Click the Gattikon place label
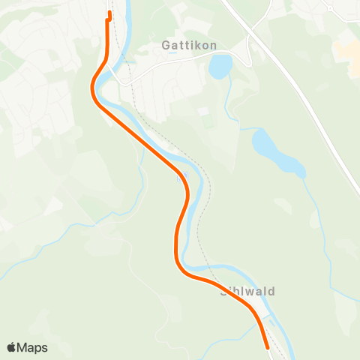point(189,45)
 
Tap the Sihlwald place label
point(247,291)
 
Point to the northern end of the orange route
point(109,13)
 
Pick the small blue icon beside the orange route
point(178,178)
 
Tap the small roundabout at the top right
point(328,7)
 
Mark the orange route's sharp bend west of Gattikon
point(93,88)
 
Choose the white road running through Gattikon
point(172,64)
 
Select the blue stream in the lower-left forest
point(45,247)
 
